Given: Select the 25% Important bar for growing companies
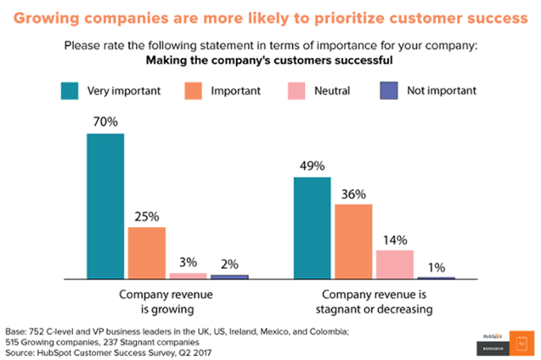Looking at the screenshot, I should (147, 252).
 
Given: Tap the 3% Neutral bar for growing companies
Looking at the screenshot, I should (187, 275).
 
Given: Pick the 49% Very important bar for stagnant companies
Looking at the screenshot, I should (313, 227).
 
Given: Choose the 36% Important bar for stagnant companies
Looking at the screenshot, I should (354, 241).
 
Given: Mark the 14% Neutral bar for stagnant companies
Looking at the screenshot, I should (394, 264).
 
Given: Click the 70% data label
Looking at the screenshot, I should (105, 122).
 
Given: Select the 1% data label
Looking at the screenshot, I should (436, 266).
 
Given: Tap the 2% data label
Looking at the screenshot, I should (229, 264).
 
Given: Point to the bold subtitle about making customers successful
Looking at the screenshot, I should (269, 59).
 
